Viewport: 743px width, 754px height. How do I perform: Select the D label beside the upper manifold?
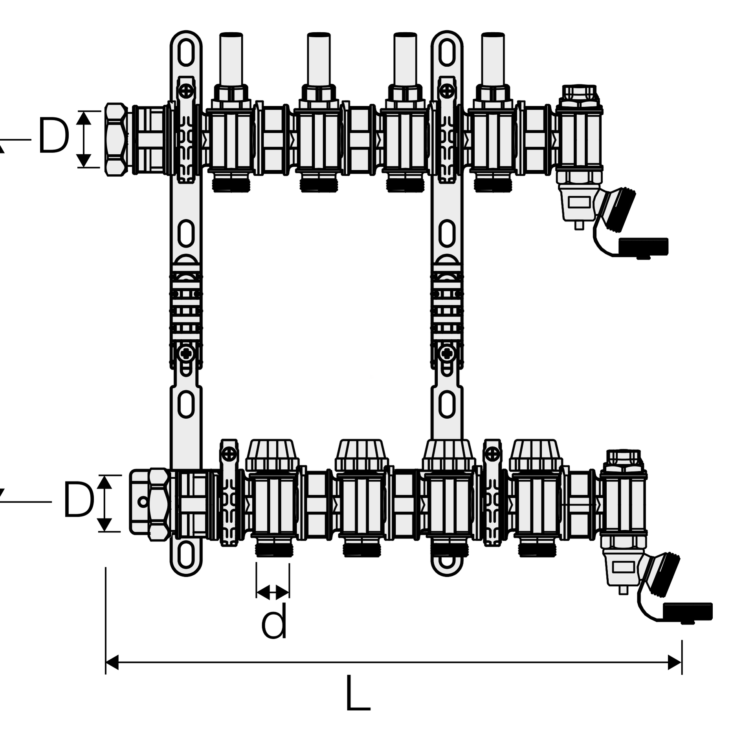click(x=53, y=135)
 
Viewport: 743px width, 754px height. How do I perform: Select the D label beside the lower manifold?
click(x=79, y=500)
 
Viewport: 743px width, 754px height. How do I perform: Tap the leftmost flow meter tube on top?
click(x=231, y=59)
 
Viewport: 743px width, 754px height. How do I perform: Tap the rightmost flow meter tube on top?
click(x=493, y=59)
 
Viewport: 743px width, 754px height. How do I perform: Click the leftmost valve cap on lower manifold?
click(x=272, y=455)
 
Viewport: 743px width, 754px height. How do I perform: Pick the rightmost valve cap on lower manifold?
click(x=535, y=455)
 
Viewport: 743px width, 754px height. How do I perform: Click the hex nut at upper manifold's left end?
click(x=116, y=139)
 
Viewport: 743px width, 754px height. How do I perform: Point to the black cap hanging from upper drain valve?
click(x=643, y=247)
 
